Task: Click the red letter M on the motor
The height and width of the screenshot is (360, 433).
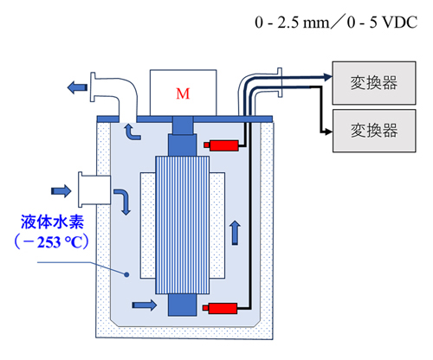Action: click(183, 93)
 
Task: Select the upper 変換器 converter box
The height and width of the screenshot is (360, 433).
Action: click(374, 83)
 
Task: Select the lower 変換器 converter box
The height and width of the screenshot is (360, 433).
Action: click(374, 131)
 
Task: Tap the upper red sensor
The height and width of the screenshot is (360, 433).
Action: click(222, 145)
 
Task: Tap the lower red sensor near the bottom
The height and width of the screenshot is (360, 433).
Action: click(220, 308)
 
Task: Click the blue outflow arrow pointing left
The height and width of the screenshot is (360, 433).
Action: click(77, 87)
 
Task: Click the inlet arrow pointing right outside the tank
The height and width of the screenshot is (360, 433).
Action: click(61, 191)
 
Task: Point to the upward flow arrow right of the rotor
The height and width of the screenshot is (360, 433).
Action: click(236, 233)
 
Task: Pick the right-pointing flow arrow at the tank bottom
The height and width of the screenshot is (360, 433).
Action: click(145, 305)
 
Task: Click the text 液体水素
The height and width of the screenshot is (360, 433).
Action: click(52, 222)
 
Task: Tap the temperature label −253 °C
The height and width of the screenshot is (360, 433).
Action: click(52, 241)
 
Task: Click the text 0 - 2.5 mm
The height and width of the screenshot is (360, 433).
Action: click(292, 22)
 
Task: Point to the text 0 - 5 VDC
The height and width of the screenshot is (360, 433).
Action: click(382, 22)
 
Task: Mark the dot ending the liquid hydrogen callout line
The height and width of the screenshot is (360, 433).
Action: click(126, 274)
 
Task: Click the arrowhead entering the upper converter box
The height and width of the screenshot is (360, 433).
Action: click(328, 77)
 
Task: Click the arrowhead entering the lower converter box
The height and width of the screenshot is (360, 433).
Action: click(328, 132)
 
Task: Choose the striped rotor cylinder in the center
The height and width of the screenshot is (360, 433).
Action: click(183, 225)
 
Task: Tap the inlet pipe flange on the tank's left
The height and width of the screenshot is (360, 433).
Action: click(81, 190)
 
